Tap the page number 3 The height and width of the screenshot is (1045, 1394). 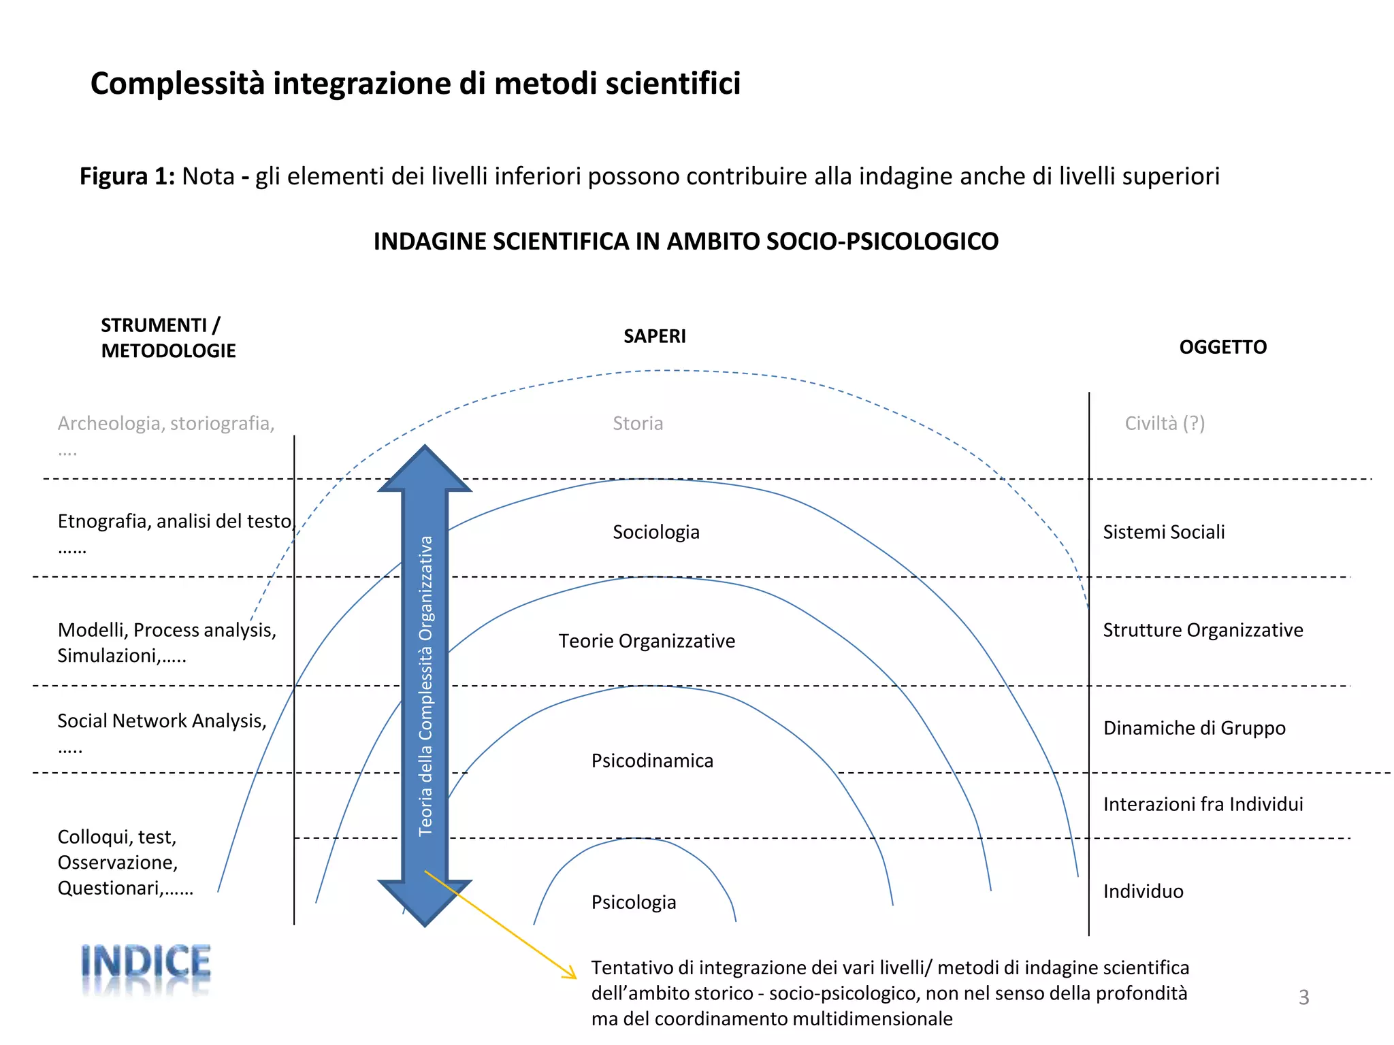[x=1303, y=997]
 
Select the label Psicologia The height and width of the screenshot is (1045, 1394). [x=634, y=902]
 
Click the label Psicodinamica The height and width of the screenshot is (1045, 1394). [x=652, y=761]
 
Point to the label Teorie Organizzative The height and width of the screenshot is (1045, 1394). [x=647, y=641]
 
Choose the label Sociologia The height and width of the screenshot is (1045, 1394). [x=655, y=532]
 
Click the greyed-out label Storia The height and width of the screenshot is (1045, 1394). [x=638, y=423]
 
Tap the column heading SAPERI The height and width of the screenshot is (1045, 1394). [x=655, y=336]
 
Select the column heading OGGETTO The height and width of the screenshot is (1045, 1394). [x=1222, y=347]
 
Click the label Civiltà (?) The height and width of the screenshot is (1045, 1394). [x=1165, y=423]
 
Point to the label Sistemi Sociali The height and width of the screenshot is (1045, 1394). [x=1164, y=532]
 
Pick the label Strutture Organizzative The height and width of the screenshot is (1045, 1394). [x=1203, y=630]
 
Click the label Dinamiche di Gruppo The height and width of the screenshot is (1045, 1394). [x=1194, y=728]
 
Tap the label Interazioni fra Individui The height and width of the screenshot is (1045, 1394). [x=1203, y=804]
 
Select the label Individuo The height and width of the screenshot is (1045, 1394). [x=1143, y=891]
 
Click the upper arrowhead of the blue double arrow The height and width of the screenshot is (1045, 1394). [x=425, y=469]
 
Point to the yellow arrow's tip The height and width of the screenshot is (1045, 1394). [x=574, y=977]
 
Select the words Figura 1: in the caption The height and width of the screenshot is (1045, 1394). [x=127, y=176]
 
